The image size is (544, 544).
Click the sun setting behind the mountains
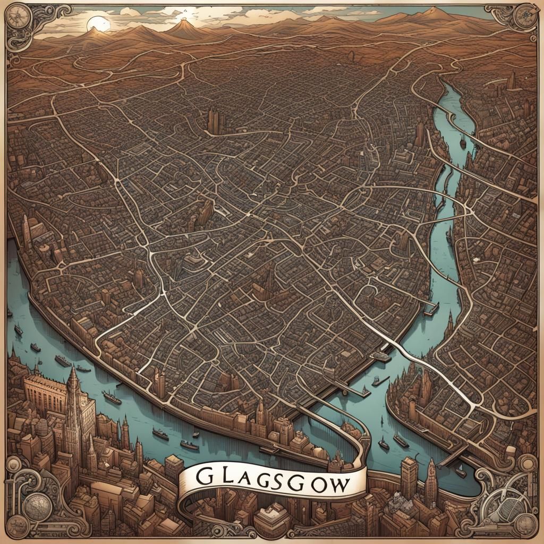click(98, 23)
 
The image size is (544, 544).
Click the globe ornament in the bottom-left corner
click(37, 507)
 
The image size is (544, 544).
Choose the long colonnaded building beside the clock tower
click(45, 393)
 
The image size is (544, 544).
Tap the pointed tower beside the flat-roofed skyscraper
click(430, 481)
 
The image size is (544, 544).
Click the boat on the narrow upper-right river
click(463, 142)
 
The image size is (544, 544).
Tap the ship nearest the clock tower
click(112, 397)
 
